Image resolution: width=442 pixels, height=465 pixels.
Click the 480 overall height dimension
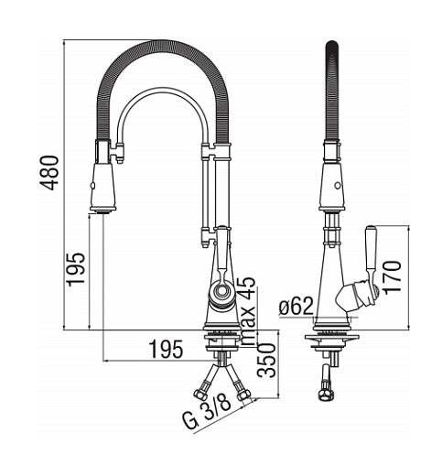coord(49,173)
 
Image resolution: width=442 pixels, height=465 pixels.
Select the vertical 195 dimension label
coord(76,269)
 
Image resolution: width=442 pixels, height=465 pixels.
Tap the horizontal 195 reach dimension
coord(167,349)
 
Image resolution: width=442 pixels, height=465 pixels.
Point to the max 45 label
coord(247,311)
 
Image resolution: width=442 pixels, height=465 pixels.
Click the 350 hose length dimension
coord(266,361)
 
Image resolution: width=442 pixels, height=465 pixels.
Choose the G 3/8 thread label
coord(207,414)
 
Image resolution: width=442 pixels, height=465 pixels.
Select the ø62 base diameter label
coord(296,306)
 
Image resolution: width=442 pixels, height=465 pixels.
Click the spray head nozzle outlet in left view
coord(103,211)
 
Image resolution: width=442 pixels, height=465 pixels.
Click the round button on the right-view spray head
coord(338,185)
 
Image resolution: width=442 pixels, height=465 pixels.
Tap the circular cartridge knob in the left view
coord(221,290)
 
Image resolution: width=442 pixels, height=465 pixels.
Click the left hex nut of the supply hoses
coord(200,395)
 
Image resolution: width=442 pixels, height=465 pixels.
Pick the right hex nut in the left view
coord(243,395)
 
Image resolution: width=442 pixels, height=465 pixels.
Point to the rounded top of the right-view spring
coord(333,46)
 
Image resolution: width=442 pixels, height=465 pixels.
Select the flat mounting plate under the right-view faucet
coord(332,338)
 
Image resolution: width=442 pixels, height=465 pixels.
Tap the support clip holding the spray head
coord(118,152)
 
